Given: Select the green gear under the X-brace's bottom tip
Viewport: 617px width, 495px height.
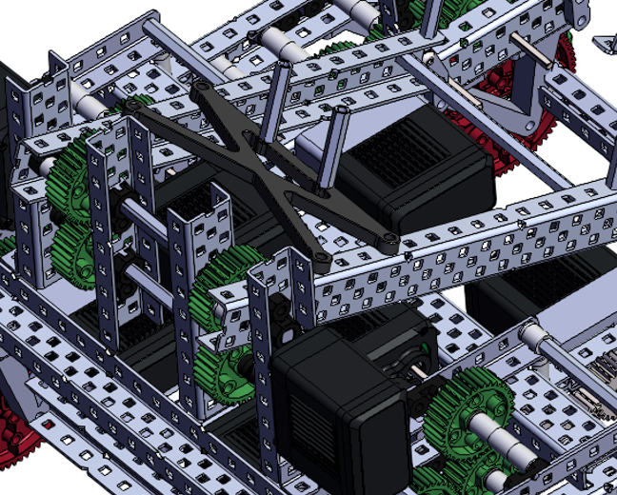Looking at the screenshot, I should [x=229, y=295].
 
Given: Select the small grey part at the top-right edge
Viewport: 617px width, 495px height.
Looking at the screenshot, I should [x=606, y=42].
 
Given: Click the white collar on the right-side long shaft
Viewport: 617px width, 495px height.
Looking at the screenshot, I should [x=534, y=335].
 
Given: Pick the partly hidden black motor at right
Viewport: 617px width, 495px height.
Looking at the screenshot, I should [x=533, y=286].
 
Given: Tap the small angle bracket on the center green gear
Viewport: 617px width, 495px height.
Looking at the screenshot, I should [x=221, y=311].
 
